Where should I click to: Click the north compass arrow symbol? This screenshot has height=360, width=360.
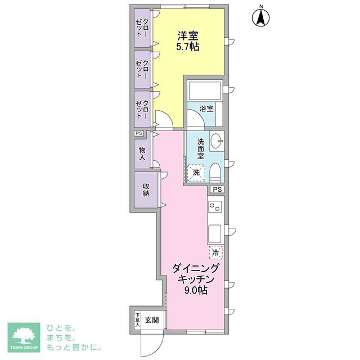click(261, 16)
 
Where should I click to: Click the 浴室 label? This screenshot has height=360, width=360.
click(206, 108)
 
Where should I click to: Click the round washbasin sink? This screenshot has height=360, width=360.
click(217, 142)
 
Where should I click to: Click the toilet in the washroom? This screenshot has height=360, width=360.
click(217, 172)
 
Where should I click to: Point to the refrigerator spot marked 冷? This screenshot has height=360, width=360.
click(216, 253)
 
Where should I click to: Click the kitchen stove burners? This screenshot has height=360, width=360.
click(215, 207)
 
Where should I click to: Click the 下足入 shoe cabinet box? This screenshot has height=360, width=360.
click(137, 320)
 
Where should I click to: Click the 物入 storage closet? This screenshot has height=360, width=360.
click(142, 154)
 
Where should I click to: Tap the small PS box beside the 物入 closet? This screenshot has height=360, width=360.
click(139, 133)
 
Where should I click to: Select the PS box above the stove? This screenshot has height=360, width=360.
click(217, 190)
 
